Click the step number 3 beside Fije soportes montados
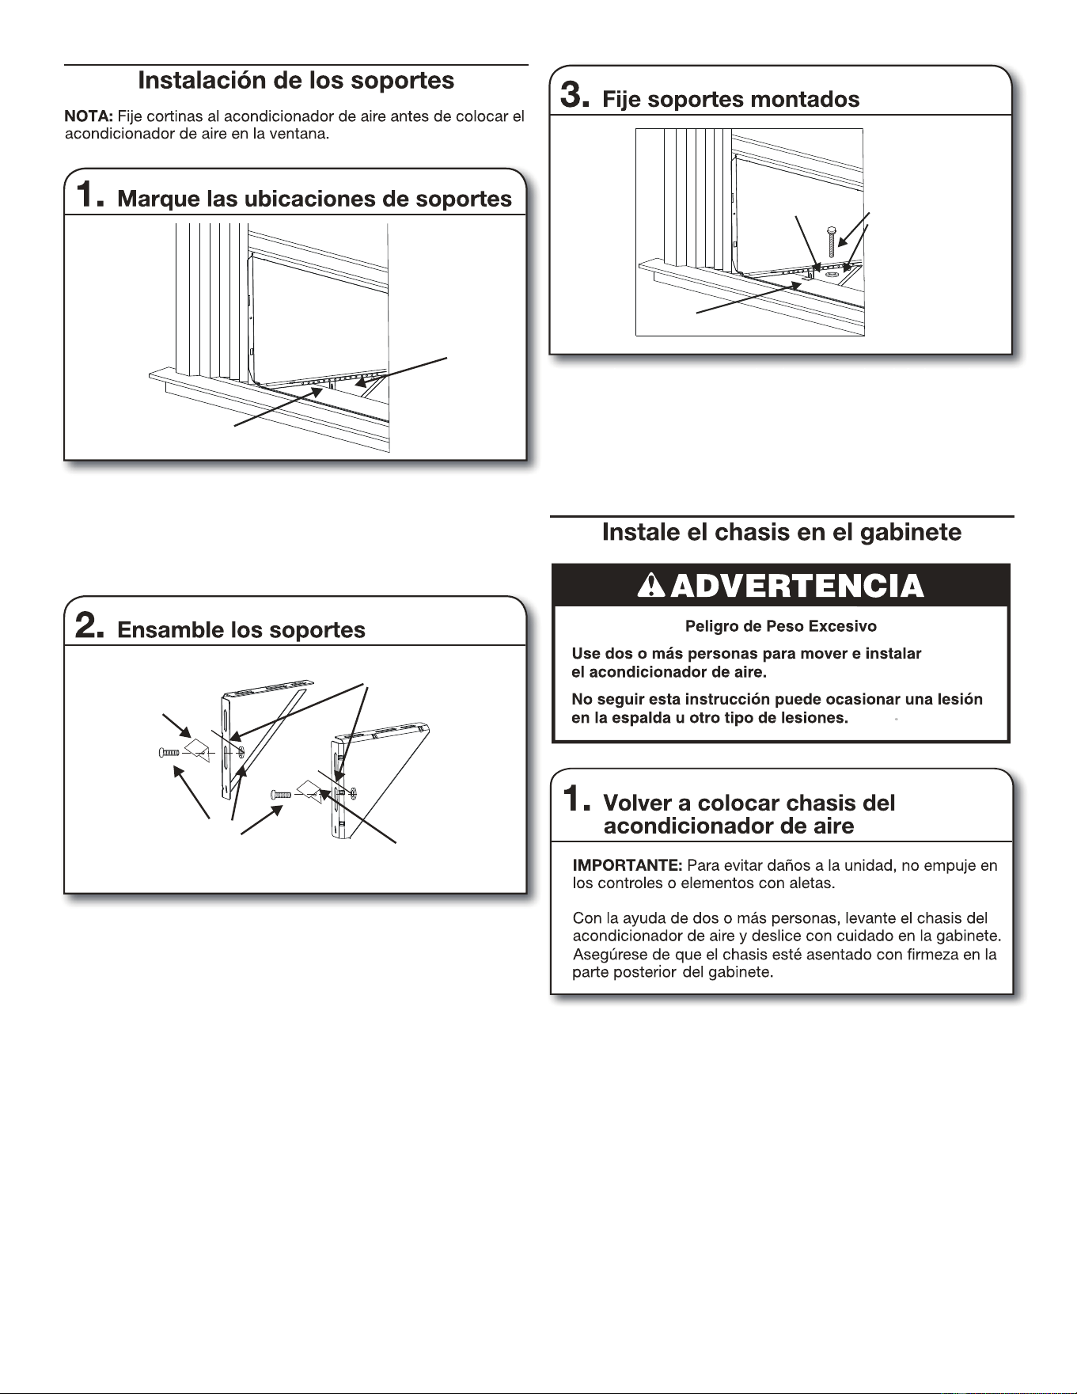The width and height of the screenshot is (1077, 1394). click(574, 96)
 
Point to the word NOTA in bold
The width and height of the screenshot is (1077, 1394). click(89, 117)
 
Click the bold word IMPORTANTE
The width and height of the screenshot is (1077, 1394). click(628, 865)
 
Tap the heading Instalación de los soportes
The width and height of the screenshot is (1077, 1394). click(296, 81)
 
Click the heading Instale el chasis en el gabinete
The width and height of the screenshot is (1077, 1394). click(782, 532)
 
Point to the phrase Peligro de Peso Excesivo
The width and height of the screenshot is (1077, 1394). click(781, 626)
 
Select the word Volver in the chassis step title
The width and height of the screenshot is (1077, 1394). click(637, 803)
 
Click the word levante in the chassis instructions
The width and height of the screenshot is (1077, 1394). click(870, 919)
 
